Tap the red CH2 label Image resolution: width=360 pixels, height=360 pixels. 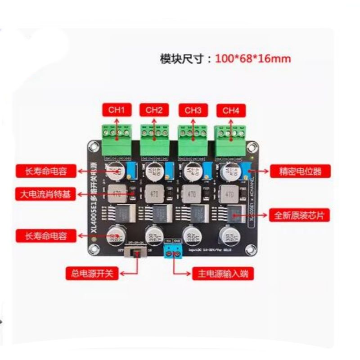pos(154,109)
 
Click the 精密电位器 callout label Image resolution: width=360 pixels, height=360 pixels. pos(300,171)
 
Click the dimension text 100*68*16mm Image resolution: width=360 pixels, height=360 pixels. pos(252,58)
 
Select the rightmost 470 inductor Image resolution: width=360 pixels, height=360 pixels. pos(229,194)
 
